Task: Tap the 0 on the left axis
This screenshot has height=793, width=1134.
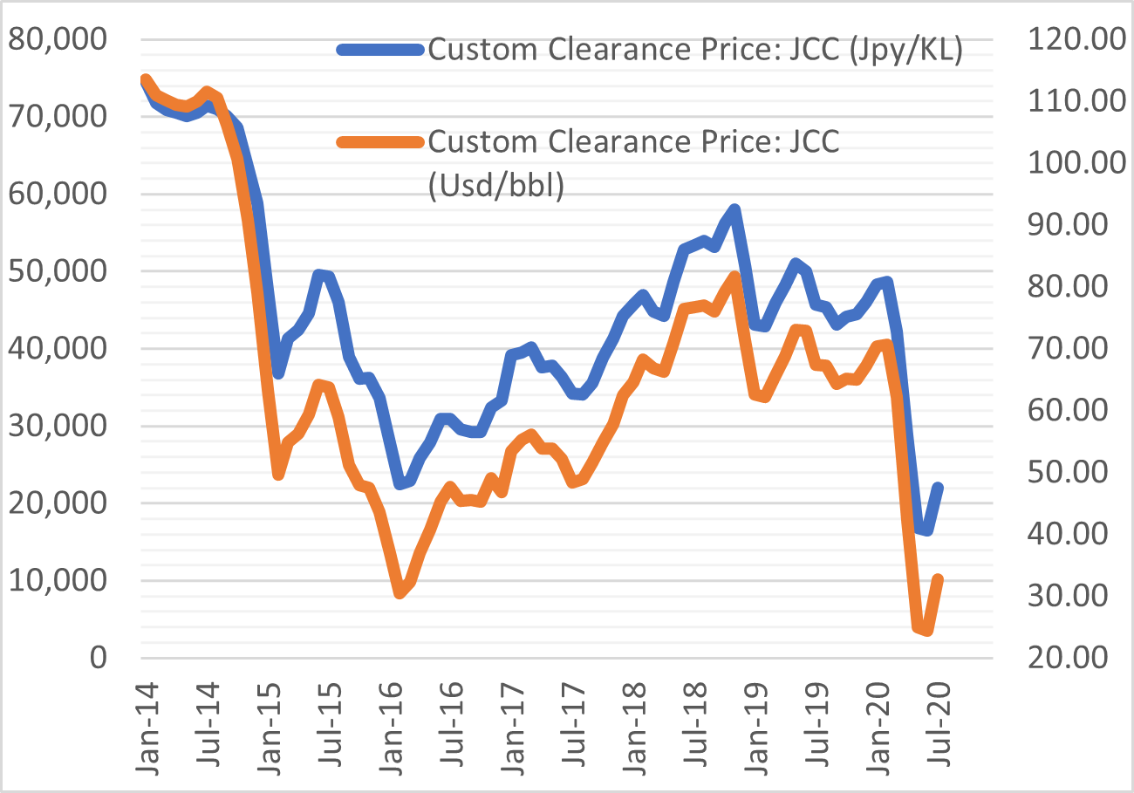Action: [x=95, y=658]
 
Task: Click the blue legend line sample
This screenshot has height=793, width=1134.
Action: [x=380, y=50]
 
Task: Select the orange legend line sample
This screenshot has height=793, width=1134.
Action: [x=380, y=142]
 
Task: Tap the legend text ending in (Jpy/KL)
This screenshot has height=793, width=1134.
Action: [x=694, y=50]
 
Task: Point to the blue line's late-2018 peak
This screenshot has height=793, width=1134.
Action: [x=735, y=209]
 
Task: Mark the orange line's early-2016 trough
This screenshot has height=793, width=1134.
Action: [x=400, y=592]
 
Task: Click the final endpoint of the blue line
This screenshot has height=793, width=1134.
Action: [x=939, y=487]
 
